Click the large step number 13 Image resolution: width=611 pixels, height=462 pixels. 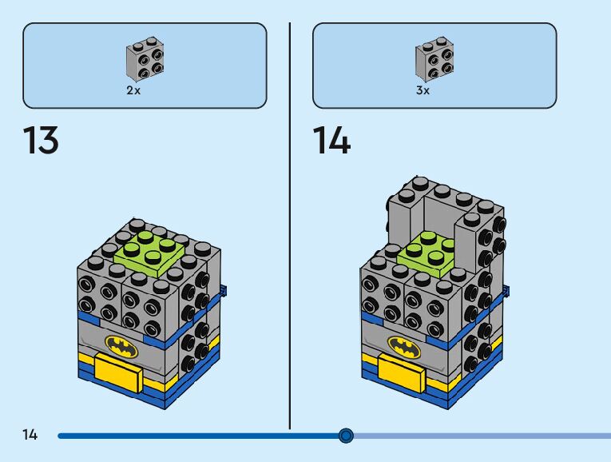[x=40, y=141]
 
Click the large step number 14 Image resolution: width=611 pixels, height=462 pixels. [x=331, y=141]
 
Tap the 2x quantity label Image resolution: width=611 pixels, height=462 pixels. [x=133, y=91]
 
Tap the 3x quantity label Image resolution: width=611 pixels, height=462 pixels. [x=423, y=91]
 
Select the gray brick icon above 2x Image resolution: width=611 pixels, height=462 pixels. [x=145, y=60]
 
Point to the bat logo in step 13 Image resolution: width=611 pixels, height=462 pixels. [x=121, y=346]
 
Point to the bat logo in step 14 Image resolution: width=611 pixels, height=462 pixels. [x=404, y=345]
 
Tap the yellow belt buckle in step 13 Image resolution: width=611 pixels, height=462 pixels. [x=116, y=371]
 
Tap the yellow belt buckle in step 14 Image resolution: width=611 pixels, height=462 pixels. [x=399, y=368]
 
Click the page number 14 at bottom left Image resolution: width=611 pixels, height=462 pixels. [x=30, y=435]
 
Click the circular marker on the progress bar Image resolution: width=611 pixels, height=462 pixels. [x=346, y=435]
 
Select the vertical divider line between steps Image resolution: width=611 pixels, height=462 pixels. [x=289, y=224]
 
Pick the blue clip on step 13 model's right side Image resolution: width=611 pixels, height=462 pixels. [x=224, y=290]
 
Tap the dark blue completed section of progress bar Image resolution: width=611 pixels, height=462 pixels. [x=200, y=436]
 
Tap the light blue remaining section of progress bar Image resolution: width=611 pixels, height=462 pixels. [x=479, y=436]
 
